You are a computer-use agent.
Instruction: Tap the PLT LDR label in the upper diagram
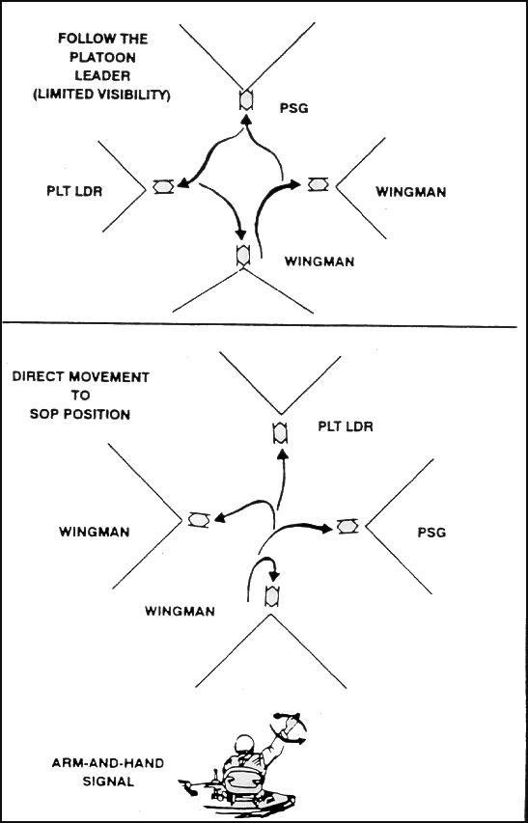[x=73, y=190]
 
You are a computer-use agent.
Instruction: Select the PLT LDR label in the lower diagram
[x=346, y=425]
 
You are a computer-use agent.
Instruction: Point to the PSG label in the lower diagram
[x=431, y=533]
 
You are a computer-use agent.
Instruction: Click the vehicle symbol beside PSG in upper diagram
[x=245, y=99]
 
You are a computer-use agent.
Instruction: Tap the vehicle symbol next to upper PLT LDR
[x=163, y=187]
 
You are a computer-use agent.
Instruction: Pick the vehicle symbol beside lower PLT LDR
[x=280, y=432]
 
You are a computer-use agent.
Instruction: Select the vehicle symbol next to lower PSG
[x=347, y=526]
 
